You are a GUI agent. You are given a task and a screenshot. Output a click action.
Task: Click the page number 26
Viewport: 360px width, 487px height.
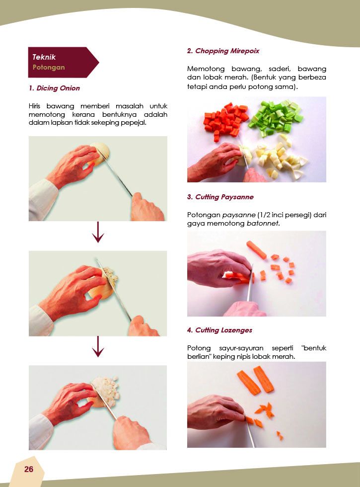29,469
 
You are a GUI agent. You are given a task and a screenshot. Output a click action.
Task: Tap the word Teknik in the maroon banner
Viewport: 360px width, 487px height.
44,57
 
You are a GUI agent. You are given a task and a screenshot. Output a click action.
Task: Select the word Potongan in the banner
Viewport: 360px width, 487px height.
49,68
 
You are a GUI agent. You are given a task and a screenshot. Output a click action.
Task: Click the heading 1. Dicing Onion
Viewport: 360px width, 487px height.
54,88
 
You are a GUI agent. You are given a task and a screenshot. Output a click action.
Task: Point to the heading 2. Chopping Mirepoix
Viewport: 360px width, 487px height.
223,51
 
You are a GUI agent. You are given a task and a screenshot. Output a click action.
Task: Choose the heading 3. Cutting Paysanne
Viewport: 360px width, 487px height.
220,197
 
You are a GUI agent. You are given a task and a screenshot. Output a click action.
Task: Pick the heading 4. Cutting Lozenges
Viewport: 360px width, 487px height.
219,330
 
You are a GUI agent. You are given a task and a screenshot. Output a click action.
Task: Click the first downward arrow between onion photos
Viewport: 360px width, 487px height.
98,232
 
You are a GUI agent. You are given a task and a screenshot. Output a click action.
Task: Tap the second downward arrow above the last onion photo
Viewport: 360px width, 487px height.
98,346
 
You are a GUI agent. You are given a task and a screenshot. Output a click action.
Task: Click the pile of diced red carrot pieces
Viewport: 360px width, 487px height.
226,120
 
